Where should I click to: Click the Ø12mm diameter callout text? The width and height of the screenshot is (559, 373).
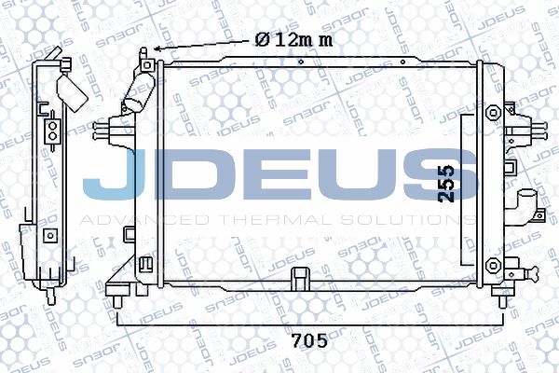[x=293, y=39]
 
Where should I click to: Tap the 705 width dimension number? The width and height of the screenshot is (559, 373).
[x=309, y=341]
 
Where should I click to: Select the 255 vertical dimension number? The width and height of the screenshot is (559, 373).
[x=446, y=184]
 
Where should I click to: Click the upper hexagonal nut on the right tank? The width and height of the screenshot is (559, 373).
[x=493, y=113]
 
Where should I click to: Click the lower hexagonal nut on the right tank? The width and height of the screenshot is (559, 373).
[x=493, y=265]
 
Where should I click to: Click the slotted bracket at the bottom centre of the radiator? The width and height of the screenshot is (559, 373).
[x=301, y=279]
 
